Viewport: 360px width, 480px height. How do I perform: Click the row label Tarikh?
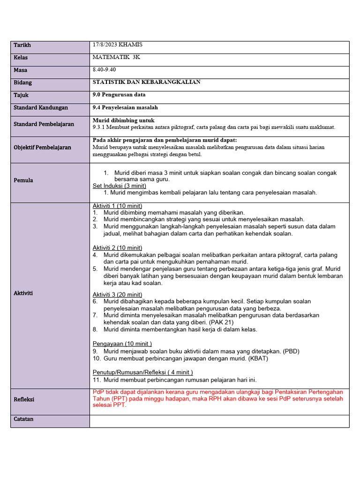pos(22,45)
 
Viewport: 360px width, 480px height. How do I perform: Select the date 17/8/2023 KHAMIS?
pos(118,45)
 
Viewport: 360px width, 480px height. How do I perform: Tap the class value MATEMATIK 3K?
pos(116,57)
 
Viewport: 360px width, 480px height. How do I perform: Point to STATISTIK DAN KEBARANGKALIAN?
pos(147,82)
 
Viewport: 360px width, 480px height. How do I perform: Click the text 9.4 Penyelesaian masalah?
pos(125,107)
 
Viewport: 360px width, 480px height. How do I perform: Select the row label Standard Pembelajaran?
pos(44,124)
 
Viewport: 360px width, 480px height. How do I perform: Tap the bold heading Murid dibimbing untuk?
pos(123,120)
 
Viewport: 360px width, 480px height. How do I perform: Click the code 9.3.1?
pos(100,127)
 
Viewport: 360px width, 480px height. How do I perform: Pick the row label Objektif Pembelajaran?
pos(42,147)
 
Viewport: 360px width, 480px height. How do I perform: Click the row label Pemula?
pos(23,180)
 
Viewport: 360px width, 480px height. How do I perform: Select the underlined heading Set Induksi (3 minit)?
pos(120,186)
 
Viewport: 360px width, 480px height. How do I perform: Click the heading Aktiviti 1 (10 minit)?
pos(118,206)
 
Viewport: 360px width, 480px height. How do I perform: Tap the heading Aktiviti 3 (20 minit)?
pos(118,294)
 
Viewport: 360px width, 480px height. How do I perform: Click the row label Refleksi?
pos(24,399)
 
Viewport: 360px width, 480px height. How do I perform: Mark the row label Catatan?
pos(23,419)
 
